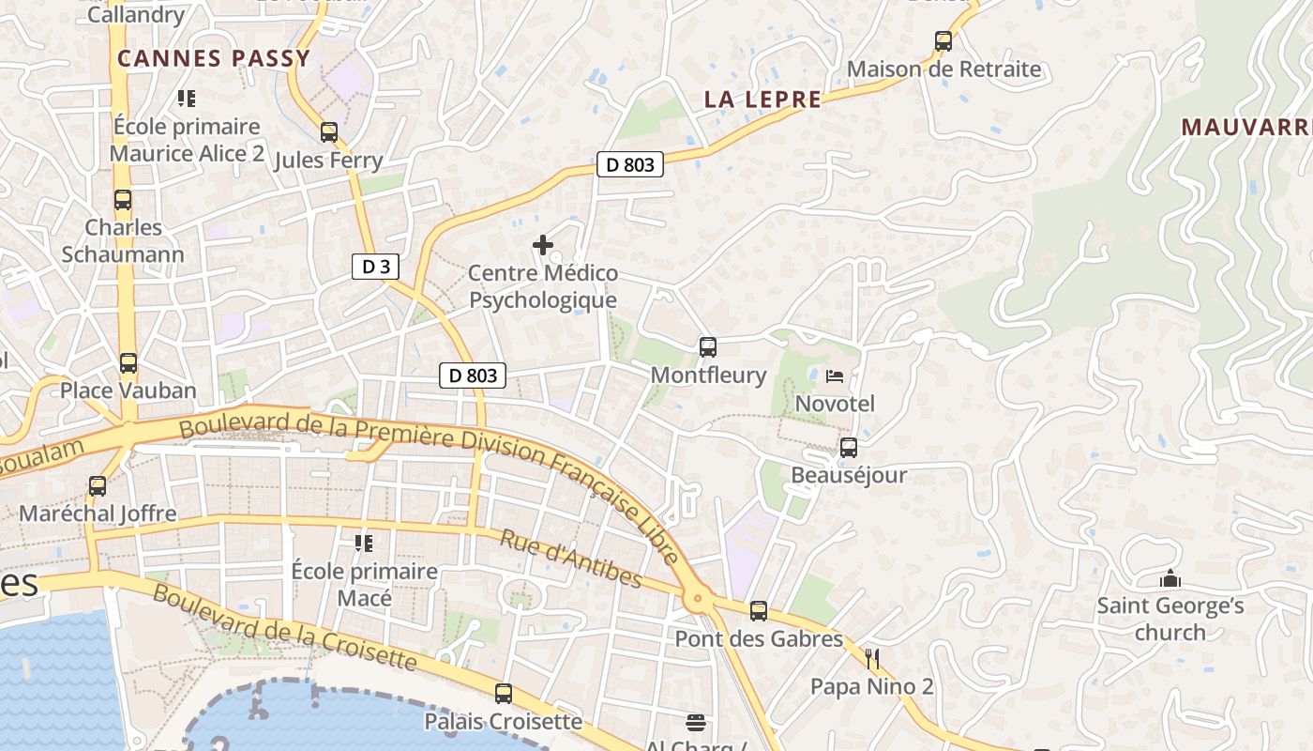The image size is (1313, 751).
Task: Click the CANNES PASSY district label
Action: pos(214,58)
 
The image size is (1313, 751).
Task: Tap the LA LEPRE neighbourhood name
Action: pos(762,100)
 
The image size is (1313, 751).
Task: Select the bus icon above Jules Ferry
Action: pos(328,132)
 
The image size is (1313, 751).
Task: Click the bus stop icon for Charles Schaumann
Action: pos(123,200)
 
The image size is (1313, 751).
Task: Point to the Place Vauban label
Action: pos(128,391)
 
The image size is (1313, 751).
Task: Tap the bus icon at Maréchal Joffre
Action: pos(98,486)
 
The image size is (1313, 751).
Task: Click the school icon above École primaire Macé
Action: pos(364,544)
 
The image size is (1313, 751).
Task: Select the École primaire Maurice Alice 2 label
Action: pos(187,140)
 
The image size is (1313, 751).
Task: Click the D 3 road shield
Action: pos(375,267)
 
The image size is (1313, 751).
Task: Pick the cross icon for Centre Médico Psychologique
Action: pos(542,246)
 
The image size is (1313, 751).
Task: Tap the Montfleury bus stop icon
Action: pos(708,347)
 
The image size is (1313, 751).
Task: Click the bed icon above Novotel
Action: pos(835,376)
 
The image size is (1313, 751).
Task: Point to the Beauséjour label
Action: pos(849,475)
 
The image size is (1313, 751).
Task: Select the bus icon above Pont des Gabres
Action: pos(759,611)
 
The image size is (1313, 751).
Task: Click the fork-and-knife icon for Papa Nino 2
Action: pos(872,658)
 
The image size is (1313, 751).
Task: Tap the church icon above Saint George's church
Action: pos(1170,578)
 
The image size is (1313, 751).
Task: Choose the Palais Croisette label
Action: pos(503,722)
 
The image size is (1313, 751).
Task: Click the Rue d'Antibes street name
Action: pos(570,559)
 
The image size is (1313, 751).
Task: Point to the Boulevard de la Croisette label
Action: pos(284,627)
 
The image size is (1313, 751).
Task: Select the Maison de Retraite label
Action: pos(943,69)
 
